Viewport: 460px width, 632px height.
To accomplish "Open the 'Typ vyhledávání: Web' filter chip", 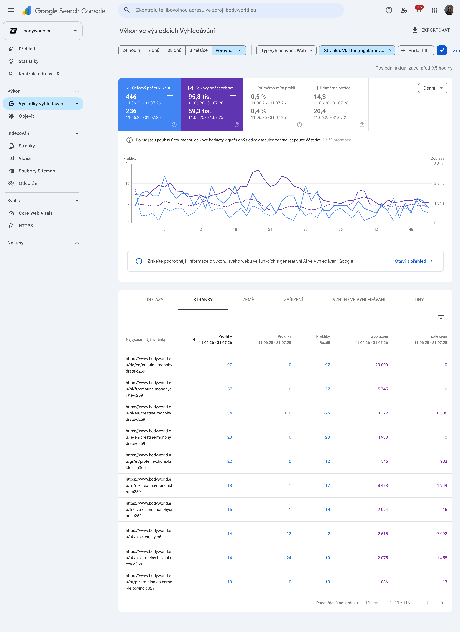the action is [x=286, y=50].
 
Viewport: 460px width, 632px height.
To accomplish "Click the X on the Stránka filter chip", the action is [x=390, y=50].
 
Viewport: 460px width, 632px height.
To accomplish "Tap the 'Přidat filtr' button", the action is [x=416, y=50].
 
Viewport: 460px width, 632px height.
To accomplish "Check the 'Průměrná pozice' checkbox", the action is [x=316, y=88].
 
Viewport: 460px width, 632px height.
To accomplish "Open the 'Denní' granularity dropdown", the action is [x=432, y=88].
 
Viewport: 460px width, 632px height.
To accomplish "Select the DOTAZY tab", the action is [x=155, y=300].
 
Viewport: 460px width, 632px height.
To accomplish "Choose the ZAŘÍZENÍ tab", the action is [x=293, y=300].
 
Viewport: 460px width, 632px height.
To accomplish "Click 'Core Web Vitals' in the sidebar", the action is [x=35, y=213].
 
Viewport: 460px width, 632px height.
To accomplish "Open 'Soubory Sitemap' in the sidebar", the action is [x=37, y=171].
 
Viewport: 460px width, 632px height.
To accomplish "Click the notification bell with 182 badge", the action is [x=419, y=10].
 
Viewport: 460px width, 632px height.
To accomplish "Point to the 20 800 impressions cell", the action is [x=381, y=365].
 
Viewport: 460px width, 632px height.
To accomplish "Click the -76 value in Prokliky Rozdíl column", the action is [x=327, y=413].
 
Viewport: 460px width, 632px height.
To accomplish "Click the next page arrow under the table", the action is [x=442, y=603].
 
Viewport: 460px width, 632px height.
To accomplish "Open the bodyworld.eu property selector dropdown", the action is [x=43, y=31].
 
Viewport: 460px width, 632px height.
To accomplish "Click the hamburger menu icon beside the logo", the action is [x=11, y=10].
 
